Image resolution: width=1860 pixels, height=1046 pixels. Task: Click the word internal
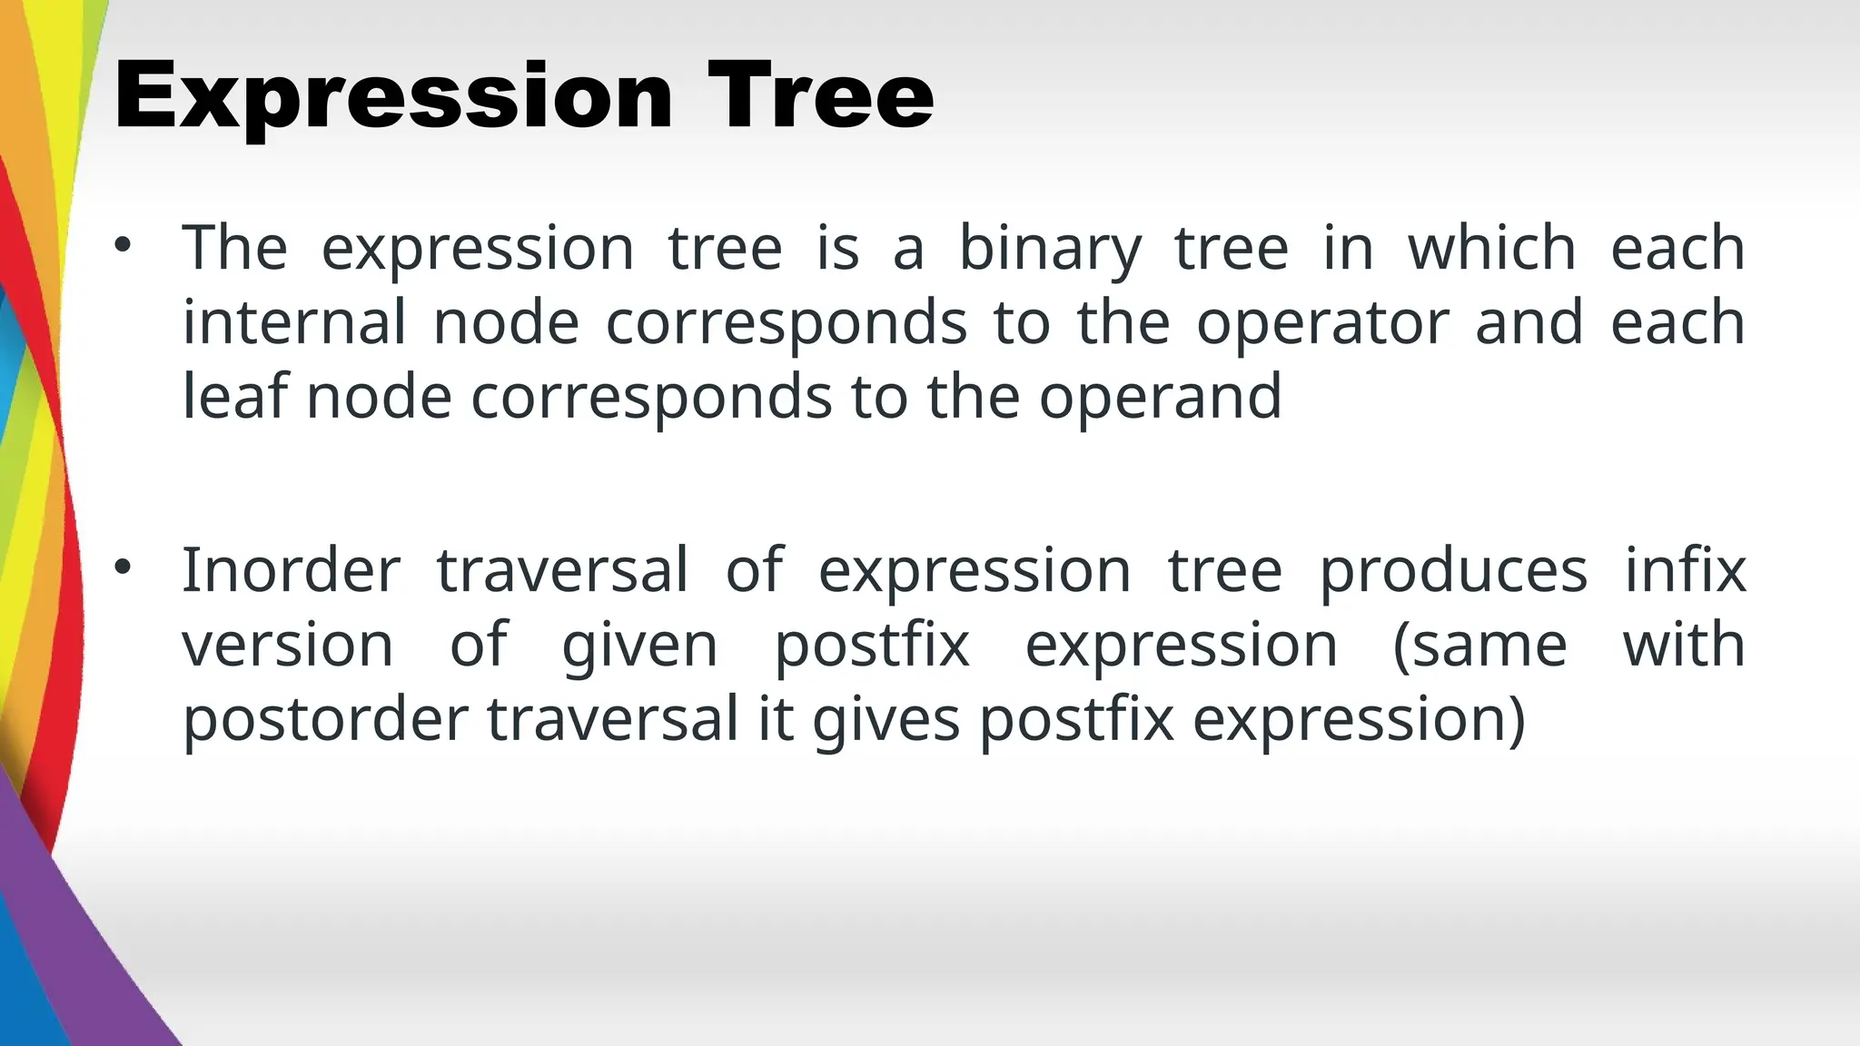(x=294, y=322)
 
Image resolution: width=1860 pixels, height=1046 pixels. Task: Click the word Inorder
(x=291, y=570)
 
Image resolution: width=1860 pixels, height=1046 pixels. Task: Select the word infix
(x=1685, y=570)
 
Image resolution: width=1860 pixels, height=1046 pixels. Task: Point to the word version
(x=288, y=646)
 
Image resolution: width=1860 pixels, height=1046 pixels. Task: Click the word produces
(x=1453, y=572)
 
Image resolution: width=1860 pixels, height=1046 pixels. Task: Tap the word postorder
(x=325, y=719)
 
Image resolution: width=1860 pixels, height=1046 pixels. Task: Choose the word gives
(x=885, y=721)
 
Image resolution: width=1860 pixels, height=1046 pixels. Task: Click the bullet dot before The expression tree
(x=124, y=245)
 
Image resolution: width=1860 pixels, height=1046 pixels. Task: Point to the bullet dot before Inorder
(x=124, y=568)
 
